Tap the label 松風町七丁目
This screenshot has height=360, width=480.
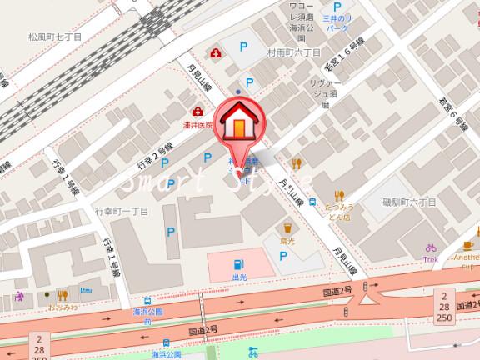55,37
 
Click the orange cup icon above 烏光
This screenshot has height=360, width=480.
287,226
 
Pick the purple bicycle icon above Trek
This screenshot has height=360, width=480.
431,248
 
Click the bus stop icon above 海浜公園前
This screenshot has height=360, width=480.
147,302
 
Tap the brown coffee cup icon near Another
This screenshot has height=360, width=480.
468,245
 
